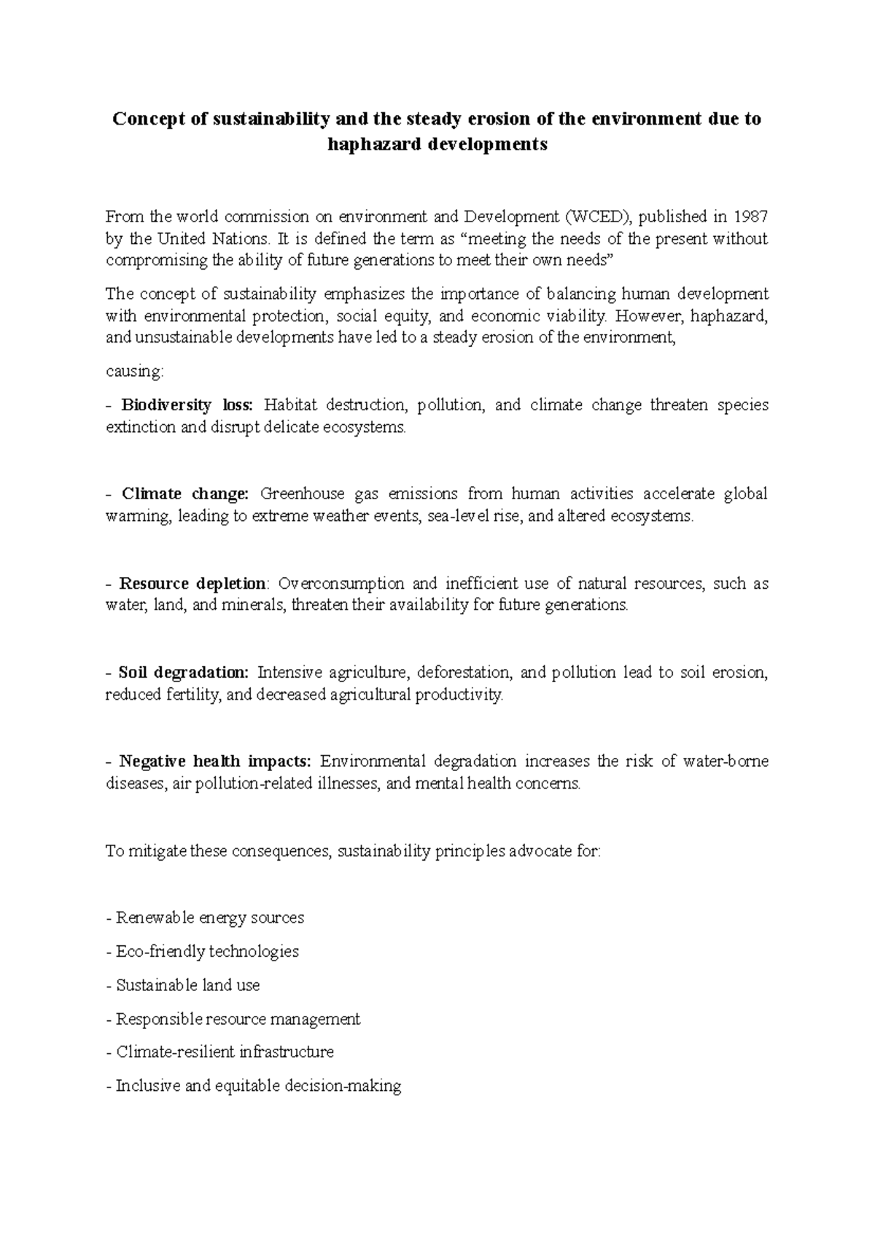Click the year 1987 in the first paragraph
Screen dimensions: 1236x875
point(751,216)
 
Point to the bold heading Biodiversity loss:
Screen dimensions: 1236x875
point(187,405)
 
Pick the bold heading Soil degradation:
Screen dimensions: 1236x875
point(183,673)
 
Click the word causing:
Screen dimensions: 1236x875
point(135,372)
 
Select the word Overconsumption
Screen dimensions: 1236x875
point(340,584)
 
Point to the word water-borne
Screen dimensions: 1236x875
point(726,762)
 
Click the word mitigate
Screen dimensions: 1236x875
point(157,851)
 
